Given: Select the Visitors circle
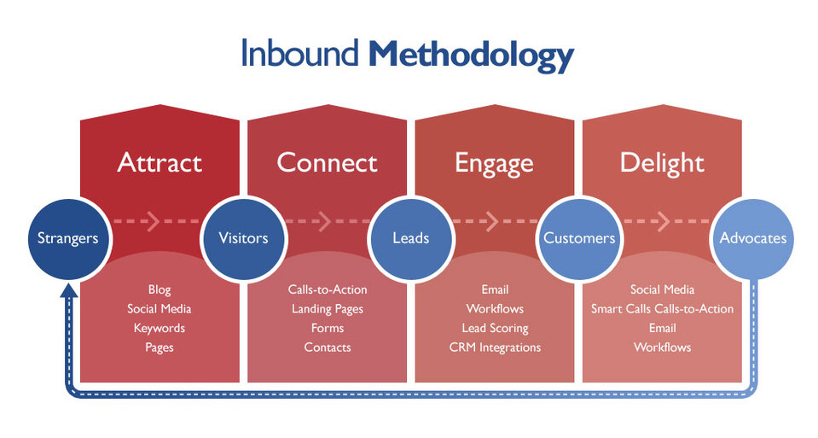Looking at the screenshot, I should point(243,238).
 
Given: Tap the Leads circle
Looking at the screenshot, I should point(410,238).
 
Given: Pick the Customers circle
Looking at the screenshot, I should point(579,238).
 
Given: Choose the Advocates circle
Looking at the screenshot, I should point(753,238).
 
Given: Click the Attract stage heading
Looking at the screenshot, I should point(160,162).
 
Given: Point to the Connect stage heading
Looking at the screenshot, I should point(327,162).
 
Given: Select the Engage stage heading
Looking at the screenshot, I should point(494,163).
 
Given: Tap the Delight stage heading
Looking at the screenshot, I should point(662,162).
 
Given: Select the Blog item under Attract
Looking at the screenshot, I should point(160,289).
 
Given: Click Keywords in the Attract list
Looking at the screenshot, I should point(160,328).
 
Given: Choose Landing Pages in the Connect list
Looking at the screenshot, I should point(327,309).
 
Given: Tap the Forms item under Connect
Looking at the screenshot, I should point(327,328).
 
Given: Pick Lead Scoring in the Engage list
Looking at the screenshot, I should point(495,328).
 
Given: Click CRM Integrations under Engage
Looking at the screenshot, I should point(495,347).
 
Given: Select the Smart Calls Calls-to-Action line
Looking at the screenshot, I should point(662,309).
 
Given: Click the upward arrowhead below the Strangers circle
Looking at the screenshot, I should point(69,290).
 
